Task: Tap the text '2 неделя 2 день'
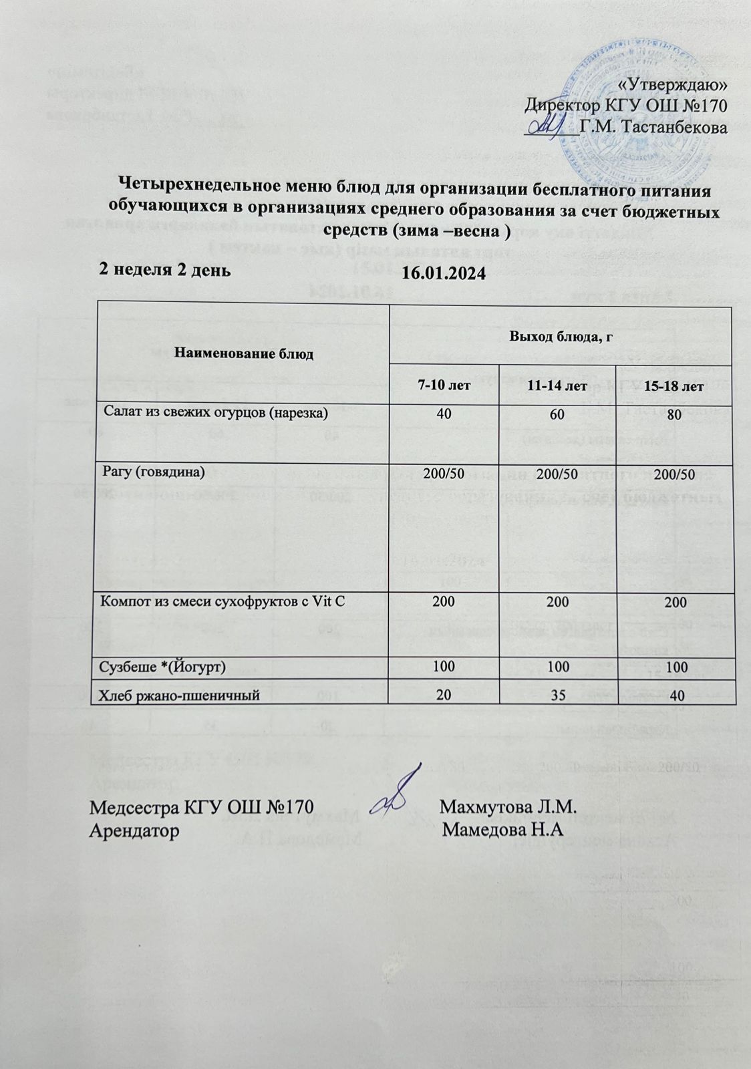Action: coord(165,269)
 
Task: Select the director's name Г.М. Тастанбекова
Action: coord(653,126)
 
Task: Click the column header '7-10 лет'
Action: coord(443,386)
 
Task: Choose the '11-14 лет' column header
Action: coord(558,386)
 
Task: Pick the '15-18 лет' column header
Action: coord(676,386)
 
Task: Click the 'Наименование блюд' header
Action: coord(244,353)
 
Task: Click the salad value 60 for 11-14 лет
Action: coord(558,414)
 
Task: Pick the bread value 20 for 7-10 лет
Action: coord(443,695)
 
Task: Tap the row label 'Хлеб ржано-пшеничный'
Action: coord(179,696)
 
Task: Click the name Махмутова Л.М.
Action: coord(508,806)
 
